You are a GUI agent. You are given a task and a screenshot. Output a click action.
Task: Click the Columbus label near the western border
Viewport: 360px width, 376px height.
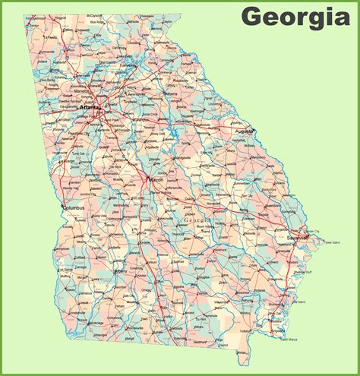click(x=75, y=207)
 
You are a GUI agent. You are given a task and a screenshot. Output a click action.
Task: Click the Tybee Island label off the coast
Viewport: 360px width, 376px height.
click(x=331, y=243)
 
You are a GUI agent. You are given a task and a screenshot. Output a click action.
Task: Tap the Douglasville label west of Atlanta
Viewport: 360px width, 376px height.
click(x=67, y=114)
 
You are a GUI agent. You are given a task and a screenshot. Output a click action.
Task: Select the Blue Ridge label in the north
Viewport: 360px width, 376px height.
click(x=96, y=23)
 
